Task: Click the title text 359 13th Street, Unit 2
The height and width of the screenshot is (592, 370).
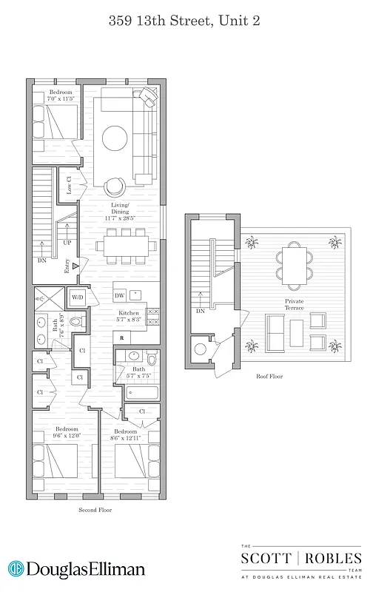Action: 184,22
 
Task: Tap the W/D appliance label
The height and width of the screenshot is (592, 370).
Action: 77,297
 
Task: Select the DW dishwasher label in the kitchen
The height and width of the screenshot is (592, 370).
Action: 119,295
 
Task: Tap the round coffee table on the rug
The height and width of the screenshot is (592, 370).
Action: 116,138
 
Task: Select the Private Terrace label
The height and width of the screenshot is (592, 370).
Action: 295,305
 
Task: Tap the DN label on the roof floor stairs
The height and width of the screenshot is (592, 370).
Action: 200,312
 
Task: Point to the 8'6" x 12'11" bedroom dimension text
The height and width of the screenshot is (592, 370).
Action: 125,437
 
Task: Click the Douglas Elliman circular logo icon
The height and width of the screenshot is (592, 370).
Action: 15,570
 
